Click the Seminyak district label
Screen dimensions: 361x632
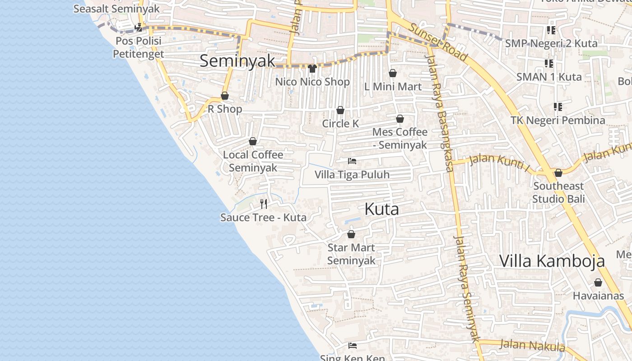(x=237, y=61)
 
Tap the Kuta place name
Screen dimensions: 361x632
(x=381, y=209)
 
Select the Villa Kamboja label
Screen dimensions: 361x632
(x=552, y=261)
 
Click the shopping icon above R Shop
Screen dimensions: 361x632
(x=225, y=96)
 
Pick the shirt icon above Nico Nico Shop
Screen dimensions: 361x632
(x=312, y=69)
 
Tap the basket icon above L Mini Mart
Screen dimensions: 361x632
(x=393, y=73)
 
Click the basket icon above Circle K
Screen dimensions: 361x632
(x=340, y=110)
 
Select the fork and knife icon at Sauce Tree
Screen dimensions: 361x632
(x=264, y=204)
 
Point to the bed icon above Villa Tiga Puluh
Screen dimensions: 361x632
(x=352, y=161)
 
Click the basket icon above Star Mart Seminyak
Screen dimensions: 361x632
(x=351, y=234)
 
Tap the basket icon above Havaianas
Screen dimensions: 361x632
(x=598, y=282)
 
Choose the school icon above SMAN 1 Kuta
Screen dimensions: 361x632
(x=549, y=63)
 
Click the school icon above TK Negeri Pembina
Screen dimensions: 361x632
(x=558, y=107)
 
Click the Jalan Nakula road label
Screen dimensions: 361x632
(x=533, y=346)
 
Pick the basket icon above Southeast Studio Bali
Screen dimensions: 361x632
(x=558, y=173)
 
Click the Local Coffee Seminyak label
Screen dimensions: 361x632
(x=253, y=161)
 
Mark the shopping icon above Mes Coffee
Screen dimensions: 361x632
(x=400, y=119)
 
